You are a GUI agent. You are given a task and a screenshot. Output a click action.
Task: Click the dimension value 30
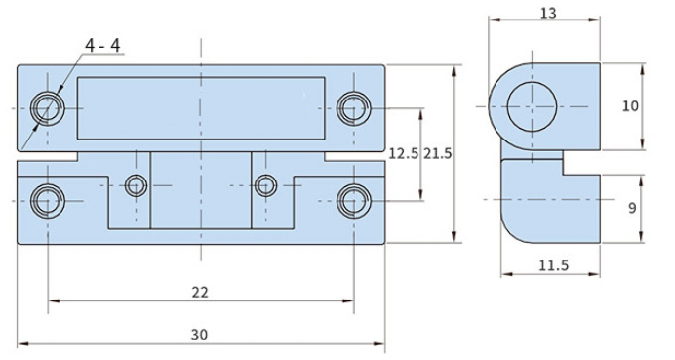199,335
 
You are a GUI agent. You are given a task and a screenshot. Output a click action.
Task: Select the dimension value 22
200,293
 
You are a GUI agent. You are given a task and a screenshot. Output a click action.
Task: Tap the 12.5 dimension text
404,153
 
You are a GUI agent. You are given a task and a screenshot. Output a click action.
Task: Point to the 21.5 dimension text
437,153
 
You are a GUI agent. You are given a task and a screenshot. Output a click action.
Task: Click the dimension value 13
548,13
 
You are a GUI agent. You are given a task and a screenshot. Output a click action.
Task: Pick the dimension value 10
630,106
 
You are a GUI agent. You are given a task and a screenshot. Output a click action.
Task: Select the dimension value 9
632,208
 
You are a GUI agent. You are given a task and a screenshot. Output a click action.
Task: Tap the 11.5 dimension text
554,265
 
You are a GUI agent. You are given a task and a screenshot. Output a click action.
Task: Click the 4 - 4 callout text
102,45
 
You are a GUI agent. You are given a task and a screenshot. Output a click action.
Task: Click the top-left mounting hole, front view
48,108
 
